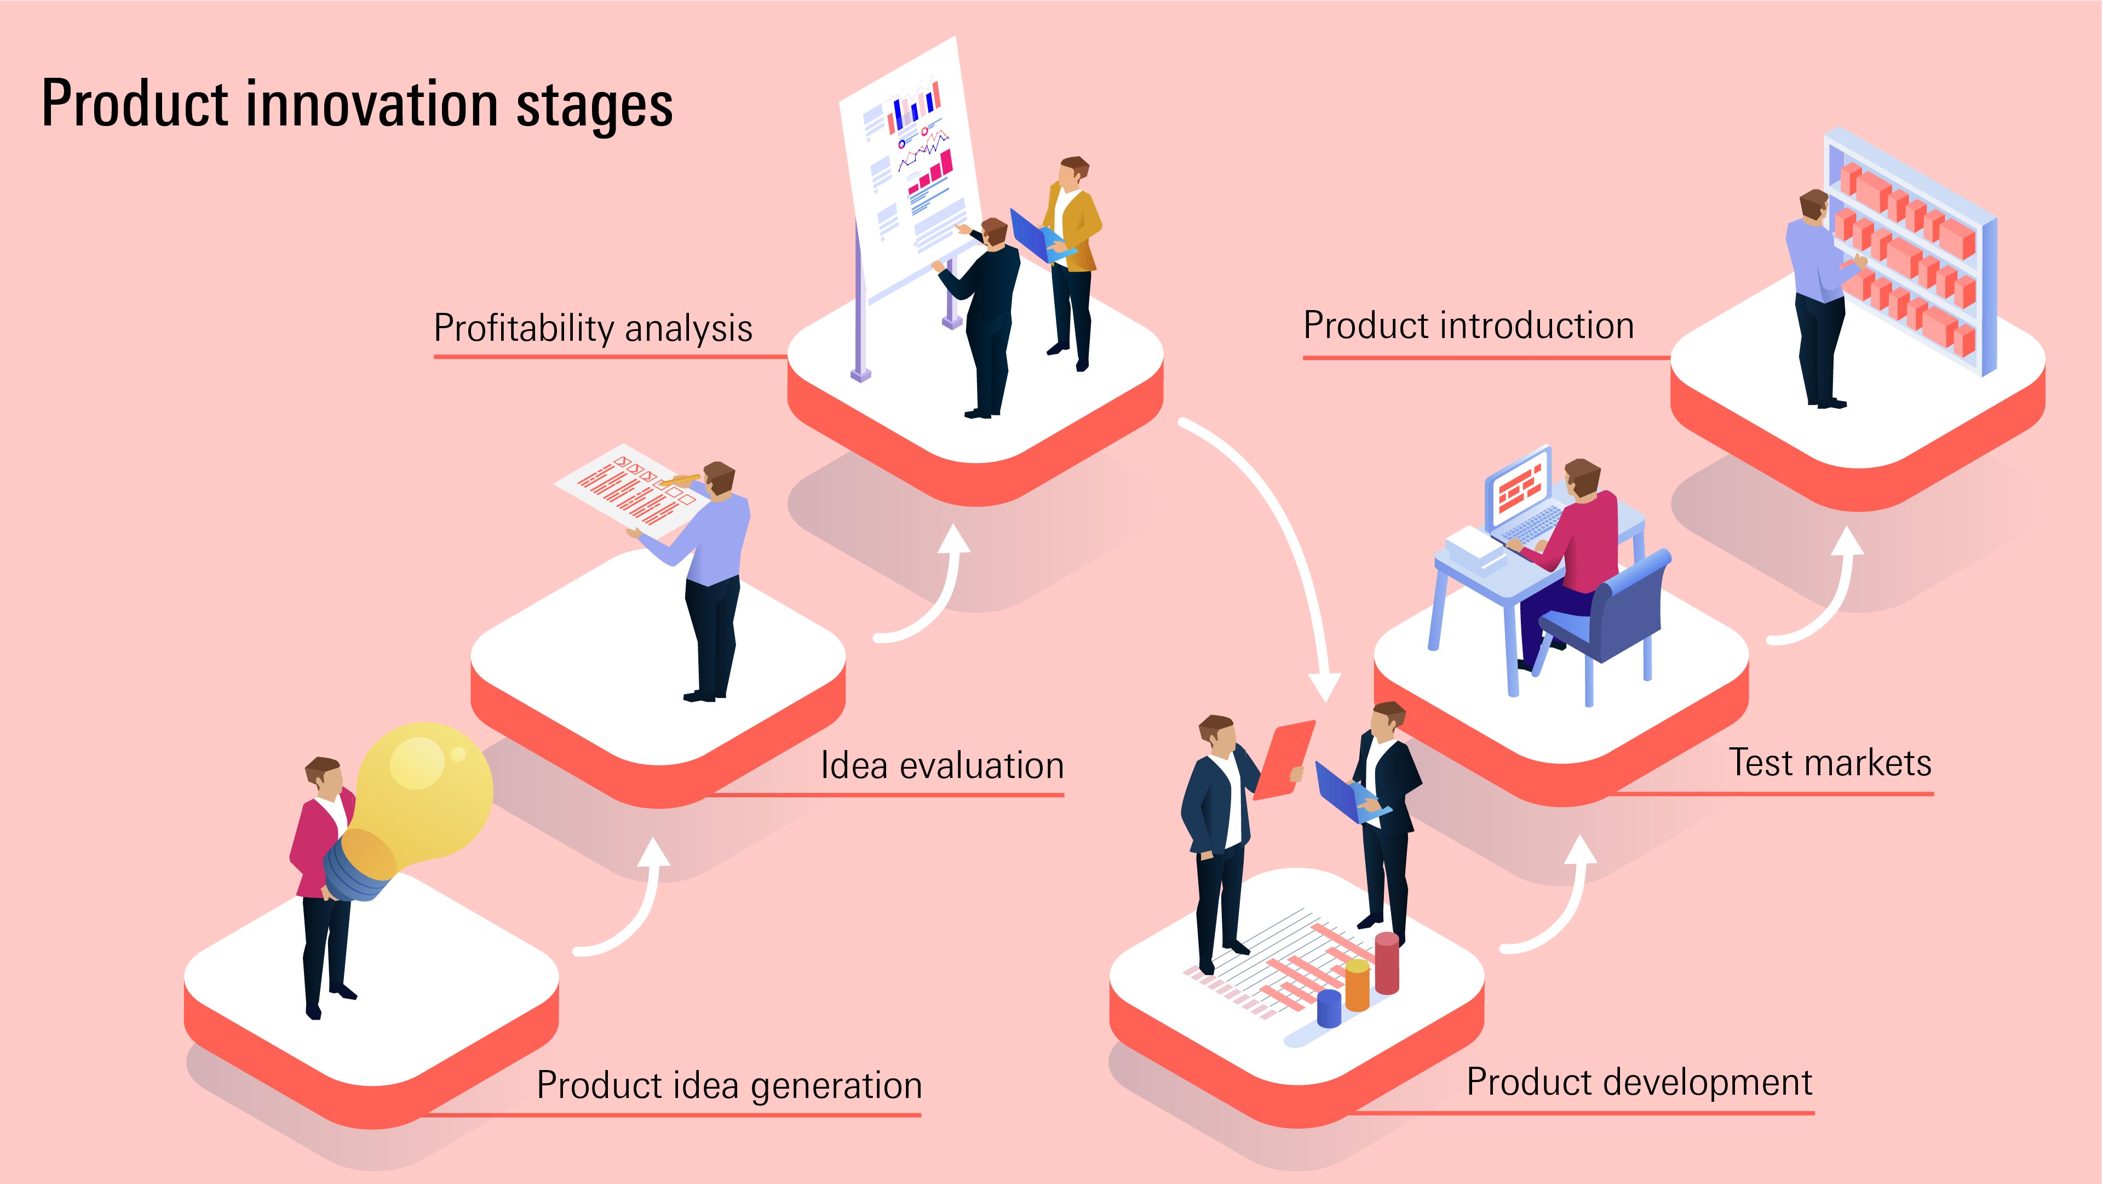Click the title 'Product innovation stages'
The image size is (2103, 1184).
click(x=357, y=105)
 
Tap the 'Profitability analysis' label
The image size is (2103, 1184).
click(x=593, y=328)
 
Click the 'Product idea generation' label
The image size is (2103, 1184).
click(x=729, y=1086)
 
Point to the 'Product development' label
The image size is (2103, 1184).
click(x=1639, y=1083)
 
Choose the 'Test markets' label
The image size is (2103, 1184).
click(x=1830, y=763)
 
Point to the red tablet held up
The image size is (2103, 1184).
click(x=1283, y=759)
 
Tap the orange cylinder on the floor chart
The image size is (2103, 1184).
click(x=1357, y=986)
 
